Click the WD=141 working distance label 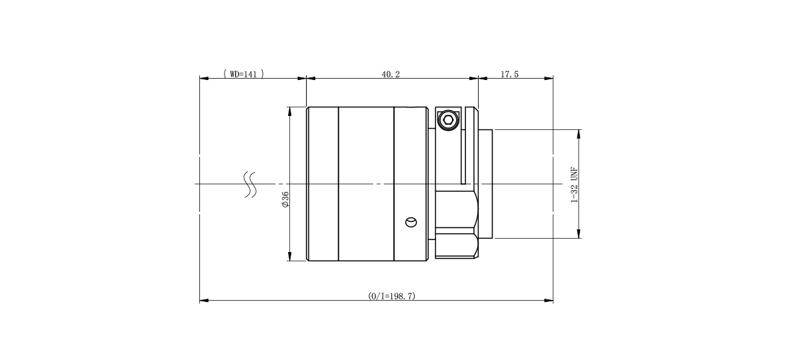point(243,74)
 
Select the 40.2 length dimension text point(391,74)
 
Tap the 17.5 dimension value point(509,74)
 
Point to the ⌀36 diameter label point(285,199)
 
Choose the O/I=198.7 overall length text point(392,296)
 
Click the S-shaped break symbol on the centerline point(251,185)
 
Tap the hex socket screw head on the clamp point(447,120)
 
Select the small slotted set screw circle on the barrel point(411,222)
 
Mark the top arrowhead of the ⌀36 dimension point(289,110)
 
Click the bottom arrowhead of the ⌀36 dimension point(289,258)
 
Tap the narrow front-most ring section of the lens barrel point(323,183)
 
